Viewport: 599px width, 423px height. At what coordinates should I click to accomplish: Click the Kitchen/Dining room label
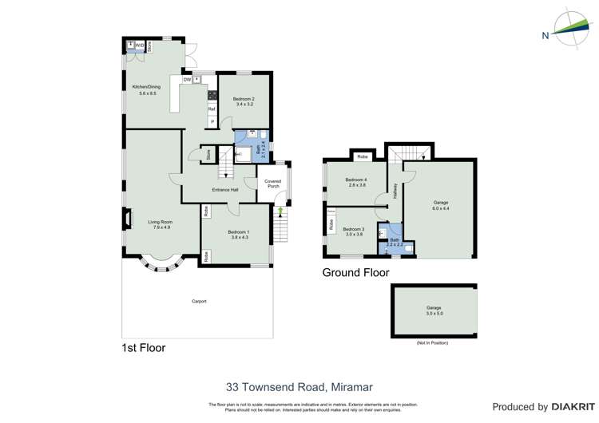coord(146,89)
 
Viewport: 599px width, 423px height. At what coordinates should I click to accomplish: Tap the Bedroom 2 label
coord(244,101)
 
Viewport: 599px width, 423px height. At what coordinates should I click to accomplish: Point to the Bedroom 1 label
coord(240,234)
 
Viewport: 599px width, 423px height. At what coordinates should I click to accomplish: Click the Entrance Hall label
coord(225,190)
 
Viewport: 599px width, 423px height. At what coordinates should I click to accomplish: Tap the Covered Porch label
coord(273,184)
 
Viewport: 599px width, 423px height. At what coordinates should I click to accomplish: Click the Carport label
coord(199,301)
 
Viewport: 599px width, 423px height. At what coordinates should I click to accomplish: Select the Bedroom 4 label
coord(356,182)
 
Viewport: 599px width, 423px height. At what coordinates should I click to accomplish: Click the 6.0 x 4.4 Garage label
coord(441,205)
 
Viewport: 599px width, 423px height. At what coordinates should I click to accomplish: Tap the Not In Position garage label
coord(434,310)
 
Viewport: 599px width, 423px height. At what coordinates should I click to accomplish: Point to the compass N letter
coord(545,35)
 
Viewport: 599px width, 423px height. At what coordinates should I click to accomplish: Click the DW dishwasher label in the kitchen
coord(187,80)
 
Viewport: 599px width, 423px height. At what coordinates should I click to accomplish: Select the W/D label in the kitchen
coord(139,45)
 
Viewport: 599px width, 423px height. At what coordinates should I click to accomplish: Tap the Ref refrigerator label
coord(212,109)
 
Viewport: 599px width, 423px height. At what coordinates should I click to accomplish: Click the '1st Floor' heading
coord(144,348)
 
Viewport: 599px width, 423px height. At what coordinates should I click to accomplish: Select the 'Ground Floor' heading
coord(355,273)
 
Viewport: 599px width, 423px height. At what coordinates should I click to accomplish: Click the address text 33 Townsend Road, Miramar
coord(299,387)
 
